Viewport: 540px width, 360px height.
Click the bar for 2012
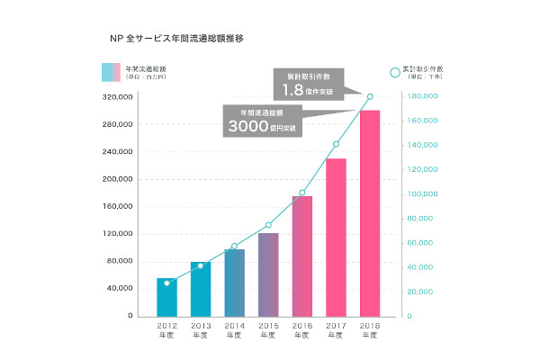point(166,297)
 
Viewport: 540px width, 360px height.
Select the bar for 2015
point(268,274)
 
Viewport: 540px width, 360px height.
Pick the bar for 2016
point(302,256)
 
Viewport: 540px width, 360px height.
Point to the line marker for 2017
point(336,144)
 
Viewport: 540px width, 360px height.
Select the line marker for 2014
point(234,246)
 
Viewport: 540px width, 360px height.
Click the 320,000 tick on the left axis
point(120,96)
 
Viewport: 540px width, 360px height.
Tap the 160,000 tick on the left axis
point(120,206)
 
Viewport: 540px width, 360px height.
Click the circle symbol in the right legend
point(394,71)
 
